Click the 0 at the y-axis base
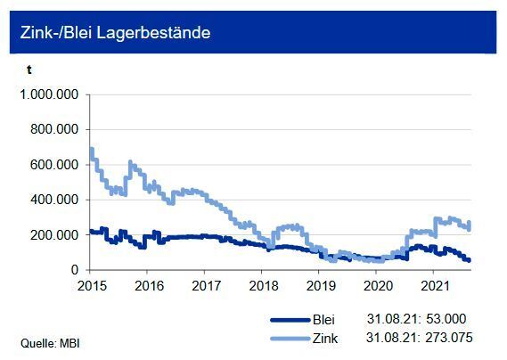78,270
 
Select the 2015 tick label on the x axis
92,286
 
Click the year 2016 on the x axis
148,286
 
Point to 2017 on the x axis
205,286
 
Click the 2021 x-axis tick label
434,286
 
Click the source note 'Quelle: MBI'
45,342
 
